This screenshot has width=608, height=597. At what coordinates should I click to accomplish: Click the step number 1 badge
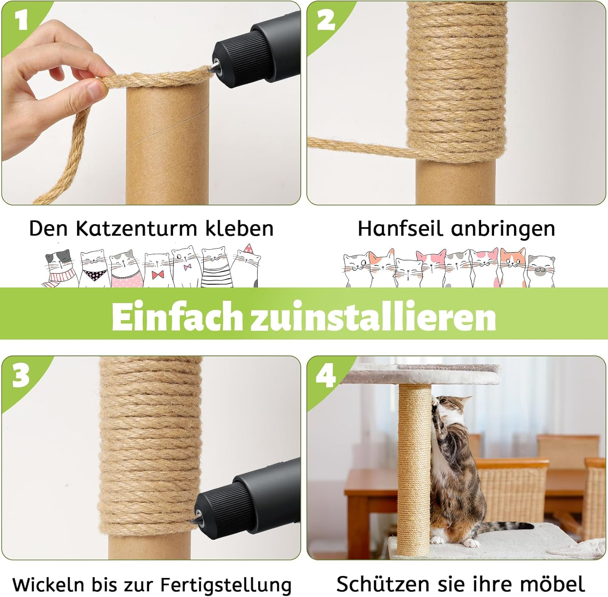21,20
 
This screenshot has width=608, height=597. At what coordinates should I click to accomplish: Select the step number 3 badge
21,375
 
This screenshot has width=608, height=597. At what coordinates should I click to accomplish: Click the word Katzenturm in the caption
137,229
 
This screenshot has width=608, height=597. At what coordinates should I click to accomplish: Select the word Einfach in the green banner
177,317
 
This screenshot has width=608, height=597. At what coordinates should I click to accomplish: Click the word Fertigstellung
226,585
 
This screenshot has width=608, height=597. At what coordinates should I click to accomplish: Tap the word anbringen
503,229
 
